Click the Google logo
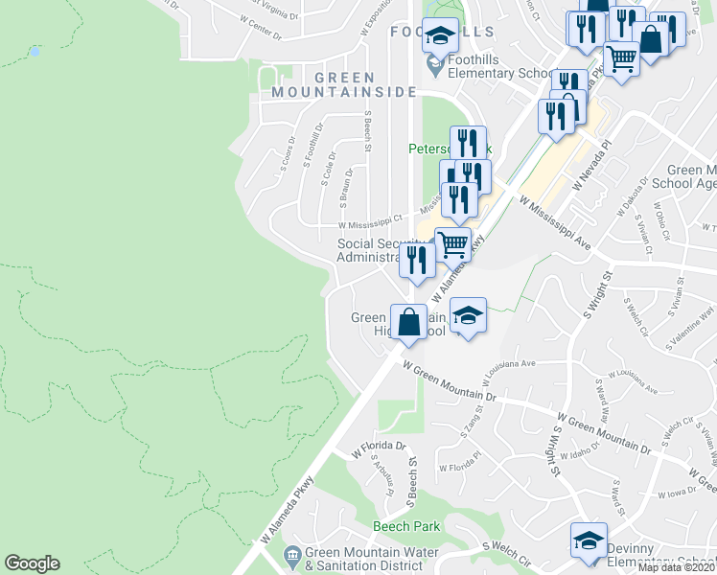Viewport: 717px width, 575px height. [x=32, y=563]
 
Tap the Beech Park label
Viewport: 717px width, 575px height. [x=406, y=526]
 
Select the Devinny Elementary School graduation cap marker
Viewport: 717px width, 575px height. [x=589, y=540]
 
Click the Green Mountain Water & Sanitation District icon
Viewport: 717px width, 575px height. [x=293, y=553]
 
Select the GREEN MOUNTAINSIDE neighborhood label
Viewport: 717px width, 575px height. [x=344, y=85]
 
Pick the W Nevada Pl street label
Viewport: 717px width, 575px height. [x=590, y=164]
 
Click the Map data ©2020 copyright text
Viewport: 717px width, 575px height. [x=676, y=567]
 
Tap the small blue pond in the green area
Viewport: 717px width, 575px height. [x=35, y=50]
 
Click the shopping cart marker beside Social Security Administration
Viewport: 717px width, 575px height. [x=452, y=243]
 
